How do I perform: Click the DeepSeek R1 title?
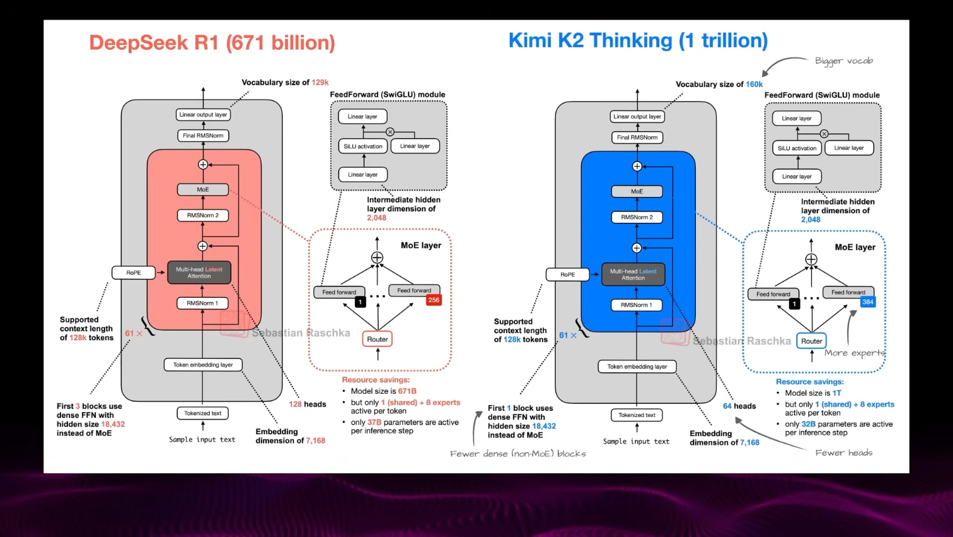212,43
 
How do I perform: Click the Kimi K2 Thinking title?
638,40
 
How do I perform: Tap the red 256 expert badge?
434,300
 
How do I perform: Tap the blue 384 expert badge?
868,302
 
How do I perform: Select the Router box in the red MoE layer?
378,339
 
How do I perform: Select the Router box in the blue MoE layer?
811,341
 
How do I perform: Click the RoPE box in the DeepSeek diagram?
134,273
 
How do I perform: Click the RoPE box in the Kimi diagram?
567,274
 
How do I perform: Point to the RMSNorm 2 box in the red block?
203,215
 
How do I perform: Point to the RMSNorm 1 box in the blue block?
637,305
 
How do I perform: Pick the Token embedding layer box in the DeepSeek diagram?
203,365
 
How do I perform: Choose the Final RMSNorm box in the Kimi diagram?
637,137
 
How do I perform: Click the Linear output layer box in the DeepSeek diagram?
203,115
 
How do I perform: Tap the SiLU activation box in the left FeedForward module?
363,146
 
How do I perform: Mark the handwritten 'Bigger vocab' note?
844,61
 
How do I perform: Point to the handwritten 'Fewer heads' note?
843,452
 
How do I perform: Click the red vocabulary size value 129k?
320,83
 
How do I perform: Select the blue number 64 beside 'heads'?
727,406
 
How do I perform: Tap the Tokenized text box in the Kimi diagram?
637,415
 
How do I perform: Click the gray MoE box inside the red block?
203,189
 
